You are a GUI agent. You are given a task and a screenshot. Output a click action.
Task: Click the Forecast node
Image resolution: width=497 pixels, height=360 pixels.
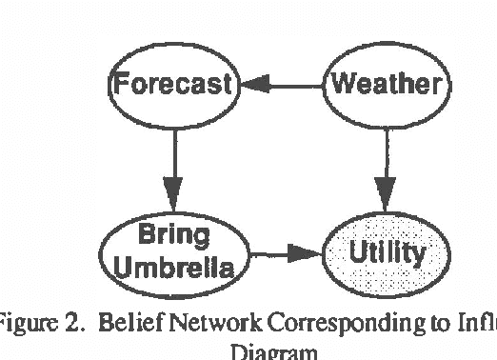click(x=171, y=87)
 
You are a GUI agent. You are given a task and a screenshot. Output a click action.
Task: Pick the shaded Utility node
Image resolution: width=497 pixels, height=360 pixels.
click(x=386, y=253)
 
